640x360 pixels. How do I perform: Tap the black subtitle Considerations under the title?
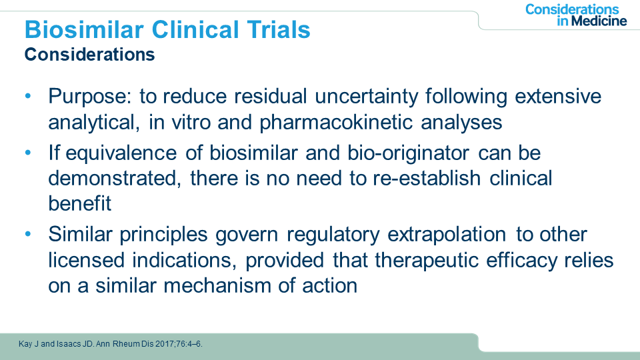tap(89, 54)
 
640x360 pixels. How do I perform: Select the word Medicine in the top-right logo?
tap(599, 21)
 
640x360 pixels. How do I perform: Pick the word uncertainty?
tap(366, 97)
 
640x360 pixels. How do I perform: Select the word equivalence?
tap(121, 153)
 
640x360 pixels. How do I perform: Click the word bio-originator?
tap(409, 153)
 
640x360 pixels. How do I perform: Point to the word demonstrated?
tap(114, 179)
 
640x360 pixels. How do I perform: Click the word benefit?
tap(79, 203)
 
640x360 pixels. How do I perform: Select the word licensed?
tap(86, 261)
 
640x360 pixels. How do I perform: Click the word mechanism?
tap(217, 285)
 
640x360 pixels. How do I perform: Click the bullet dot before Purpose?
tap(28, 96)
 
